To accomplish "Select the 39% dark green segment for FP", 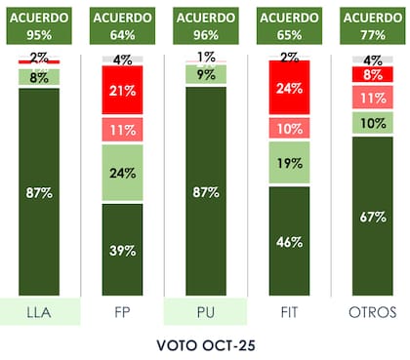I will coord(123,250).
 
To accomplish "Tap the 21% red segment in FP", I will coord(123,91).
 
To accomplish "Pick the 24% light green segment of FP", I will coord(123,175).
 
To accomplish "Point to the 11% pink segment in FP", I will coord(123,130).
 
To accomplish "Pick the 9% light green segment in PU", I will coord(206,73).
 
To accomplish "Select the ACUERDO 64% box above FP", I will coord(123,27).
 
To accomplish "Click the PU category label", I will coord(206,313).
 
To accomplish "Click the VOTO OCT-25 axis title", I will coord(206,344).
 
